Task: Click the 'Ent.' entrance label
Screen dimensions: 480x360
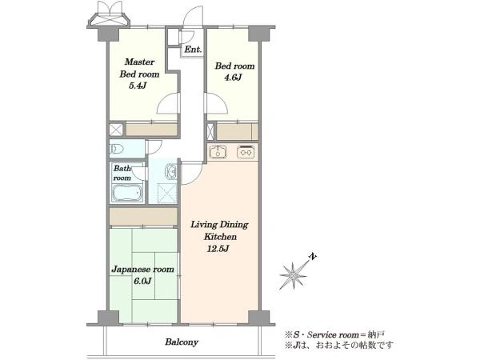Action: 193,50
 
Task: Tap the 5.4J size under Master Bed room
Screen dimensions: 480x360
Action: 138,86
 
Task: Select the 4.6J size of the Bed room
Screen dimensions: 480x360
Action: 234,78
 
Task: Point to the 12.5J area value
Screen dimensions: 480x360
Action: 218,249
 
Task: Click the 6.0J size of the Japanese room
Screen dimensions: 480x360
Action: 143,281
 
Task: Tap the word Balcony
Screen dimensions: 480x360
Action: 182,342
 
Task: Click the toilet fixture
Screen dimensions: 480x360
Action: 117,149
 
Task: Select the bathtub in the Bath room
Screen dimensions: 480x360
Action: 127,193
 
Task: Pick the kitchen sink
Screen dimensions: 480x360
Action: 218,151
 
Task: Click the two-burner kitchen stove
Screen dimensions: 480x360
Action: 246,152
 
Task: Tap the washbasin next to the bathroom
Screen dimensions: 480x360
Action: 171,171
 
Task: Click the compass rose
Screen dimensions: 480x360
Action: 294,275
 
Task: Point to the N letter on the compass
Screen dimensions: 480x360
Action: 312,257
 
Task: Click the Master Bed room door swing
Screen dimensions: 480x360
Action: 167,103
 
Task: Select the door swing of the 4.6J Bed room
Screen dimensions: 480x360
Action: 218,103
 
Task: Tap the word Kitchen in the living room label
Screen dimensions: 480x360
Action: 221,237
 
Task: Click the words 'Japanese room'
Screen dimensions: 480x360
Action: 142,270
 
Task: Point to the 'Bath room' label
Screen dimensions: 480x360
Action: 122,173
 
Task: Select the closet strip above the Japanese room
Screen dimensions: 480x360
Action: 143,217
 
